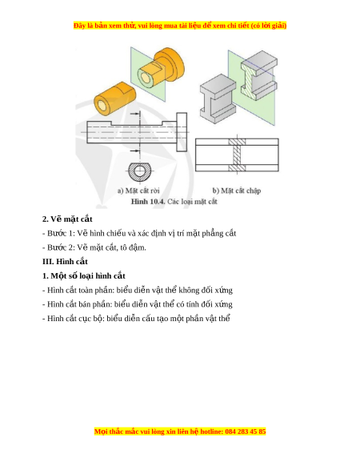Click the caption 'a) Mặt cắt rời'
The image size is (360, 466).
point(138,191)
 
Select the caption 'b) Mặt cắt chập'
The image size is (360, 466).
point(237,191)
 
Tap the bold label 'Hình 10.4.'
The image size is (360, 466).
point(148,202)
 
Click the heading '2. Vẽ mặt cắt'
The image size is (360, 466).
point(67,219)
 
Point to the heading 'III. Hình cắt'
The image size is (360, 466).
point(65,262)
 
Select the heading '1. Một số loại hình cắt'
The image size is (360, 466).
point(84,275)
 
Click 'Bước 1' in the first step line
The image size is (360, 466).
point(57,233)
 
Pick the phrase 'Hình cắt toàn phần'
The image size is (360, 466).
point(80,290)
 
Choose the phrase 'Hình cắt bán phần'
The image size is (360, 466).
point(79,304)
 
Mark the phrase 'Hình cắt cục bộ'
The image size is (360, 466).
point(75,319)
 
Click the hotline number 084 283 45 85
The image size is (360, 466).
point(246,432)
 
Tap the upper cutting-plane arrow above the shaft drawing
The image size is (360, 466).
point(135,114)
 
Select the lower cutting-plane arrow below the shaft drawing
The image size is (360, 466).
point(135,151)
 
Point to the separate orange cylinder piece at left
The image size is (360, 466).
point(115,98)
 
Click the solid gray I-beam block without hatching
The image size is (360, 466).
point(218,98)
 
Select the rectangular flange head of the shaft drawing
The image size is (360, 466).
point(182,132)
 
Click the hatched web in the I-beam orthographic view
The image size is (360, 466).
point(237,155)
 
